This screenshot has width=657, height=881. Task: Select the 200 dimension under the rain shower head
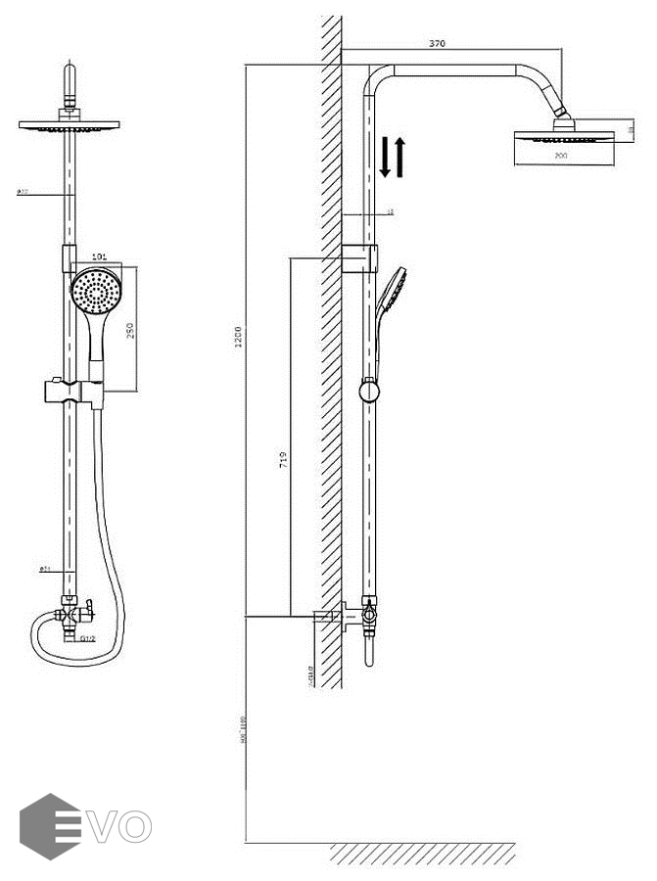[560, 156]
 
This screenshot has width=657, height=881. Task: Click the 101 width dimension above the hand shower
[98, 257]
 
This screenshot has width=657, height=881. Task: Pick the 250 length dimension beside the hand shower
[130, 331]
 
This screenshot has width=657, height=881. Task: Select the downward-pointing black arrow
[385, 158]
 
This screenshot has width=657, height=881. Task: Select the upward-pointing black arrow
[399, 157]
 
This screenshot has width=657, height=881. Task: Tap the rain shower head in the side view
[560, 137]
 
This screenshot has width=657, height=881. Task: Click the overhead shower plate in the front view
[69, 125]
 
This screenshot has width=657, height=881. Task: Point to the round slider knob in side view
[369, 392]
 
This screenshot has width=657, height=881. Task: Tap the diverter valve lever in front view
[87, 608]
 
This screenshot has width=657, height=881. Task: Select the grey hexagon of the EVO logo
[50, 826]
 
